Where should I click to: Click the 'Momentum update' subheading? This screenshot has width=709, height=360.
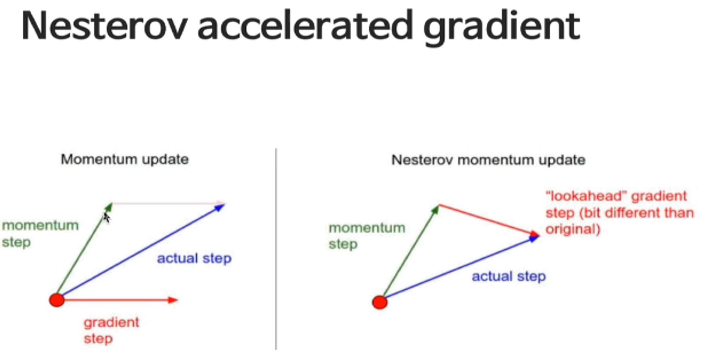(124, 160)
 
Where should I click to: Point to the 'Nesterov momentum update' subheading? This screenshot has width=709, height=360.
(488, 160)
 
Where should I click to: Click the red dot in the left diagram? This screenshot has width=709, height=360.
(57, 300)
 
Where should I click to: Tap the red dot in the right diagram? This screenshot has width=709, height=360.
(380, 302)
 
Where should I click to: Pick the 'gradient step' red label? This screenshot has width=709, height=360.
(111, 330)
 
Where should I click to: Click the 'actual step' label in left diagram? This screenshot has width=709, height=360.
(194, 258)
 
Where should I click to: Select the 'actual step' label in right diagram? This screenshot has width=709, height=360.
(508, 276)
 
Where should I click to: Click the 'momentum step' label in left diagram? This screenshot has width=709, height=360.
(40, 234)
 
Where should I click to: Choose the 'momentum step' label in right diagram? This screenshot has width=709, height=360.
(367, 236)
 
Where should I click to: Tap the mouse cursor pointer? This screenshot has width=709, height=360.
(106, 217)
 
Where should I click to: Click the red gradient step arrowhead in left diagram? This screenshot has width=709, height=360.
(173, 300)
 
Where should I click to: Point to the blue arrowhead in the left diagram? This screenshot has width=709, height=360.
(220, 207)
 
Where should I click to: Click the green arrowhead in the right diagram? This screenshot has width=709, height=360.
(436, 210)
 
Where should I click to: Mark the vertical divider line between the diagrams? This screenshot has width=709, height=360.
(276, 248)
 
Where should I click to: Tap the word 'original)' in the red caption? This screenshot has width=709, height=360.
(573, 229)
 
